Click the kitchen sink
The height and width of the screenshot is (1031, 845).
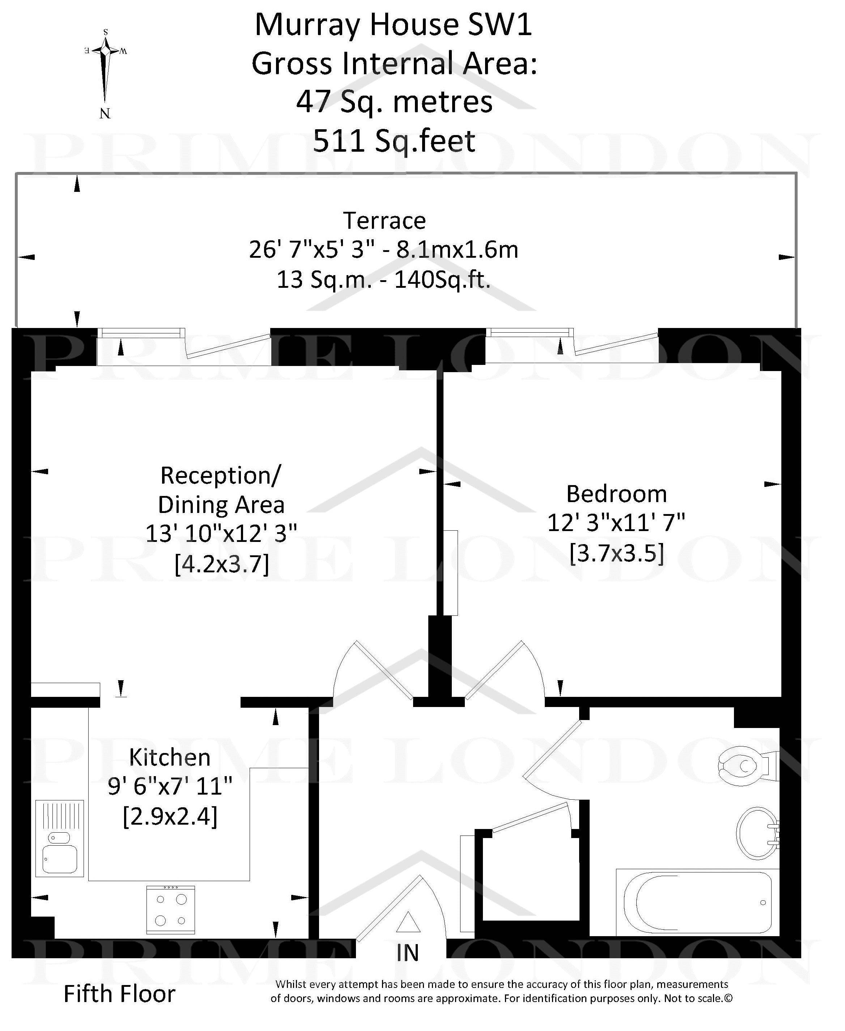click(59, 838)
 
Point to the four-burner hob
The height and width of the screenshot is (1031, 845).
click(171, 910)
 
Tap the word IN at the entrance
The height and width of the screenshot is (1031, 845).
click(407, 952)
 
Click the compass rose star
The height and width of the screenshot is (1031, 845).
click(106, 51)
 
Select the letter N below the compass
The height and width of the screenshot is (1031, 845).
click(105, 113)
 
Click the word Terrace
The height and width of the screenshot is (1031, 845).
click(385, 220)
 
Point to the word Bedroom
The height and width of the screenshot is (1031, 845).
click(616, 494)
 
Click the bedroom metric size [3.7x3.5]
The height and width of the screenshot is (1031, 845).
click(617, 553)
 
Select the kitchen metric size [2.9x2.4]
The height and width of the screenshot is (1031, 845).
click(170, 817)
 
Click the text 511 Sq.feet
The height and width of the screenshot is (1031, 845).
click(394, 141)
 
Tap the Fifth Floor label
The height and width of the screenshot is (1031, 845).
click(119, 994)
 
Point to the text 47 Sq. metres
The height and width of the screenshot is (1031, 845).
click(394, 102)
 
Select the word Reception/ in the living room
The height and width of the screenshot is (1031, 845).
click(221, 475)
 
